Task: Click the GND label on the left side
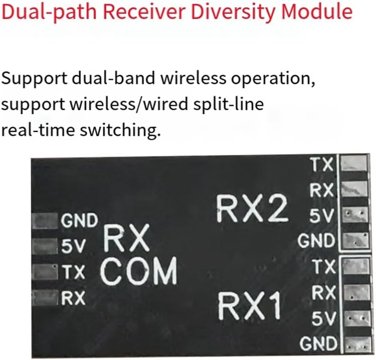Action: click(x=79, y=221)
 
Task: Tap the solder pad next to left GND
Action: click(x=44, y=221)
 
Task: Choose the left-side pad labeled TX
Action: click(x=44, y=272)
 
